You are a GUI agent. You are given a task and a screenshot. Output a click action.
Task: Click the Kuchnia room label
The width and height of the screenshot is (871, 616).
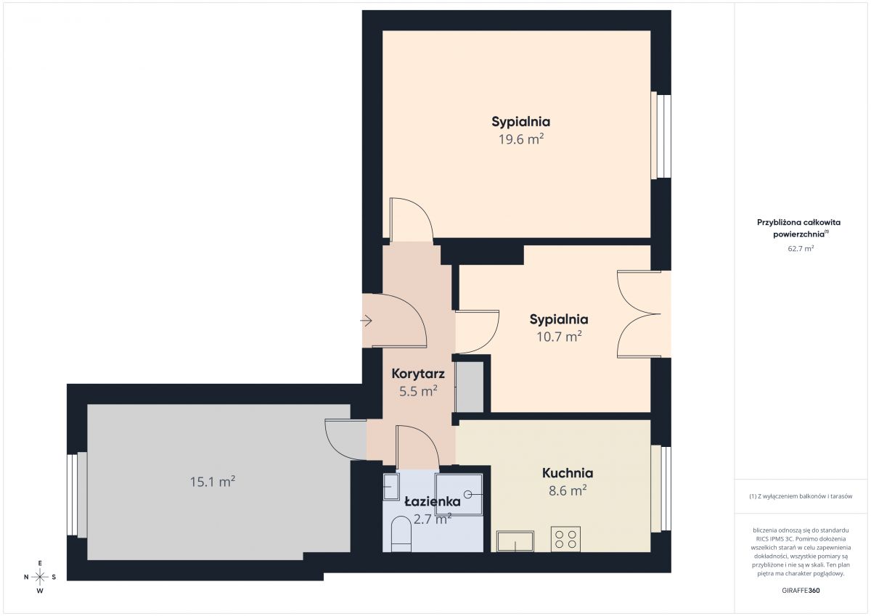568,473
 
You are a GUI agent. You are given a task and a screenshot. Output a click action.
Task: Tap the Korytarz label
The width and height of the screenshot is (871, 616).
418,374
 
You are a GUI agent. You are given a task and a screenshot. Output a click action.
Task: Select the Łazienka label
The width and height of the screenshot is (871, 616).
433,501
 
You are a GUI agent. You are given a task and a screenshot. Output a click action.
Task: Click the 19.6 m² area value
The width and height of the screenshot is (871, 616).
521,139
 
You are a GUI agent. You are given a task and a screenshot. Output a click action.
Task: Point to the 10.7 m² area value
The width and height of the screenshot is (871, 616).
559,336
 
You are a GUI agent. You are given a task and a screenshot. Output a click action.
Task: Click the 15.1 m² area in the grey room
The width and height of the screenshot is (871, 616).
212,482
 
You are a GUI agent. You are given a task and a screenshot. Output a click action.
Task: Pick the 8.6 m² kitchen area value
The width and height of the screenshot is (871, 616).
568,490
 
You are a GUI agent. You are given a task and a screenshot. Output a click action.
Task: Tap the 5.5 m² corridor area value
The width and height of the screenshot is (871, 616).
418,391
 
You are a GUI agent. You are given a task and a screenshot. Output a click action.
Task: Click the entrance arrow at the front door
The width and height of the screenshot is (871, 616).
367,321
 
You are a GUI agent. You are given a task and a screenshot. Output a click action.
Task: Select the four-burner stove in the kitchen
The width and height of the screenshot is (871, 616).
565,539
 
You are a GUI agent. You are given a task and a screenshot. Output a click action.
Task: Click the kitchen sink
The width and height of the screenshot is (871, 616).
515,541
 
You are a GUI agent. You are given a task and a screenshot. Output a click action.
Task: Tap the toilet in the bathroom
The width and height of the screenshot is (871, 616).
401,534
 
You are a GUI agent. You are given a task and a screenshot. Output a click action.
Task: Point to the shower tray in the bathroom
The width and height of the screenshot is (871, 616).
459,495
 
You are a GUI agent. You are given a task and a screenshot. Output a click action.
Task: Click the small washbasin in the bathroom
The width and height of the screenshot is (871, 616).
391,487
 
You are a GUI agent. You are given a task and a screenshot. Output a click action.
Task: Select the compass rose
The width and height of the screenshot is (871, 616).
40,577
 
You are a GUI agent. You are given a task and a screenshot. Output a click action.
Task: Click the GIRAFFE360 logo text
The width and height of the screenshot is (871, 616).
801,591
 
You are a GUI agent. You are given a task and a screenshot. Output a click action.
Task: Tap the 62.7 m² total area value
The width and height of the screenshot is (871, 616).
801,248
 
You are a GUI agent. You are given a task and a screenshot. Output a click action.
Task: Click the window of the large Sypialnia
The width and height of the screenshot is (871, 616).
661,135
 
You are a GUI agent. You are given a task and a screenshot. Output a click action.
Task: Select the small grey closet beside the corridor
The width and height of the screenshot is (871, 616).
470,387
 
